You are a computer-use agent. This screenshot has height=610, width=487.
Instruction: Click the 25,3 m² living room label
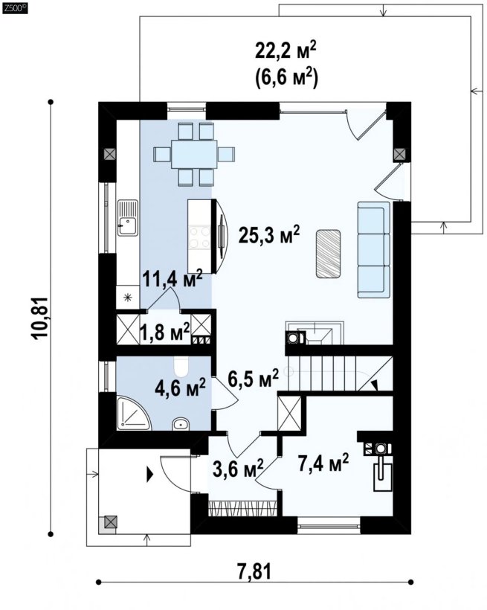click(269, 234)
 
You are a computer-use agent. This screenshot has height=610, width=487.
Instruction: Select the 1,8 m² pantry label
click(164, 332)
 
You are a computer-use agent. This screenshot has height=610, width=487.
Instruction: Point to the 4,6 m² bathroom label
click(180, 387)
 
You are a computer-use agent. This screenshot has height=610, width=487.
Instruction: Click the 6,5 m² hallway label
click(254, 378)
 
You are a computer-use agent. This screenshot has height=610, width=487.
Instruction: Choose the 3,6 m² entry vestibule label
click(239, 468)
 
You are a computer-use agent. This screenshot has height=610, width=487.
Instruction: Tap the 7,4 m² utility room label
click(323, 462)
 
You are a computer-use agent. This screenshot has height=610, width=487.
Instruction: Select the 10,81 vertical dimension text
click(40, 318)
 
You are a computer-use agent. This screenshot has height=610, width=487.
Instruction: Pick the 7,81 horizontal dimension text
click(255, 571)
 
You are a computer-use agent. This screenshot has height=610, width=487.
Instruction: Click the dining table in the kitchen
click(194, 154)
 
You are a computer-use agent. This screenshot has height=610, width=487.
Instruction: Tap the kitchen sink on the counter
click(128, 218)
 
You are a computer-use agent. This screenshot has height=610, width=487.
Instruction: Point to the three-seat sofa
click(373, 250)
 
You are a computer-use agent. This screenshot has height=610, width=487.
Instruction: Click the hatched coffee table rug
click(329, 254)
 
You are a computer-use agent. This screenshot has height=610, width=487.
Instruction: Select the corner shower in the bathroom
click(133, 413)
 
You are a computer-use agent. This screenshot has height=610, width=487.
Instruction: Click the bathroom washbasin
click(180, 424)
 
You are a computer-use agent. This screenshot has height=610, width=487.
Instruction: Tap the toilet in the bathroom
click(181, 367)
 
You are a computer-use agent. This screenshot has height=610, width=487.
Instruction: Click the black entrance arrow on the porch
click(149, 475)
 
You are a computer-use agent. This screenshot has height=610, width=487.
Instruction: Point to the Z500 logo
click(14, 7)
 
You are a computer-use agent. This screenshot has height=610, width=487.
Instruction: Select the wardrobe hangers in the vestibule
click(243, 509)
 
